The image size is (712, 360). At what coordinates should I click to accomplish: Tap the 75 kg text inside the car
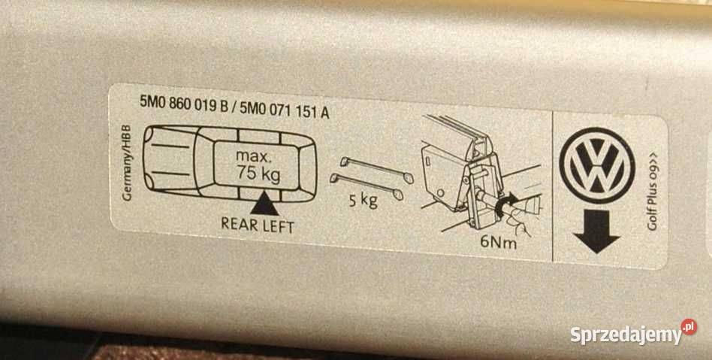pyautogui.click(x=258, y=174)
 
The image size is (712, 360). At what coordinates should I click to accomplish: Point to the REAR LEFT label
pyautogui.click(x=258, y=225)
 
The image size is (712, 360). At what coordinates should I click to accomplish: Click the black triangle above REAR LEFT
pyautogui.click(x=264, y=204)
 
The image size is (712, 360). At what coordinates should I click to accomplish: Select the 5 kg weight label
pyautogui.click(x=364, y=200)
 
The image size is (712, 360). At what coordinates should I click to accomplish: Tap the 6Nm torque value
pyautogui.click(x=498, y=241)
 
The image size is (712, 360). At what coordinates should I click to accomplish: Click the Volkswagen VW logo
pyautogui.click(x=596, y=165)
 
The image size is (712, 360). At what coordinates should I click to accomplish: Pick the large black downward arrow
pyautogui.click(x=596, y=231)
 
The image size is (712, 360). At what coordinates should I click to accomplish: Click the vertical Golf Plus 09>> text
pyautogui.click(x=653, y=192)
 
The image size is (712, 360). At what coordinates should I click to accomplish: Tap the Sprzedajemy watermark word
pyautogui.click(x=626, y=335)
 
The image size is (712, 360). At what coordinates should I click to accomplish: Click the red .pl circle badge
pyautogui.click(x=689, y=327)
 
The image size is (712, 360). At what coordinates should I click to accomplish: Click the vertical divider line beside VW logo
pyautogui.click(x=553, y=186)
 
